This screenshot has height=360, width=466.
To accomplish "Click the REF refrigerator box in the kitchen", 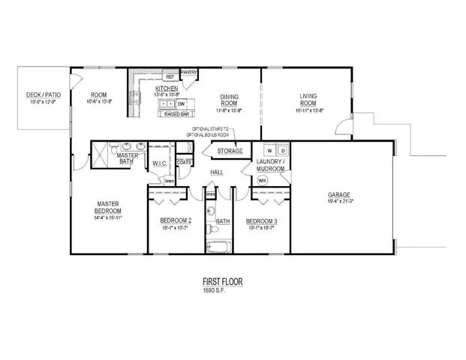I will click(170, 76).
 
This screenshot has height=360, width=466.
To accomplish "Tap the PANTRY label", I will click(189, 73).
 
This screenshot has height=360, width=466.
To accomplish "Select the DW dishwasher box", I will click(182, 103).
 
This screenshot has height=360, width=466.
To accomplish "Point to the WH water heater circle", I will click(263, 180).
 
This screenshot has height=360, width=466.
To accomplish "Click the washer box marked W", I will click(269, 151).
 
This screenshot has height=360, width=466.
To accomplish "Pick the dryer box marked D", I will click(283, 151).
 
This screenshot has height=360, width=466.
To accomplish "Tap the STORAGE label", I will click(230, 151).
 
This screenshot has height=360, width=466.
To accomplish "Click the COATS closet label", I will click(182, 161).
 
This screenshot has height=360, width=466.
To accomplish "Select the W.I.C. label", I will click(160, 163).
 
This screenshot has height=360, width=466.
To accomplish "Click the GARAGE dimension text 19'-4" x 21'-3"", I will click(341, 201).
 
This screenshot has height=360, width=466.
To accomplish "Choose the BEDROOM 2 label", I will click(176, 220).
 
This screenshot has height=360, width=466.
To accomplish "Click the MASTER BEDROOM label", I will click(108, 207).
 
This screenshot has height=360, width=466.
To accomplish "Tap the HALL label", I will click(217, 172).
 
